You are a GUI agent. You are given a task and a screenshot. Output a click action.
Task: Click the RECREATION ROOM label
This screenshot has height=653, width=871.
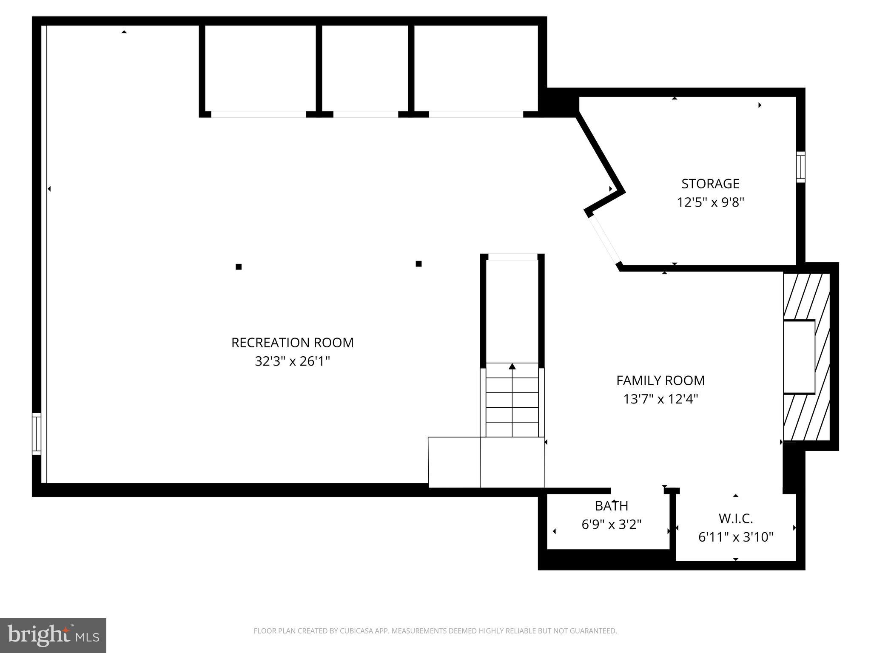292,343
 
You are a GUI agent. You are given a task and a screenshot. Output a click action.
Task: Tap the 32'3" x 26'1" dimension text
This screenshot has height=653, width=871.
292,361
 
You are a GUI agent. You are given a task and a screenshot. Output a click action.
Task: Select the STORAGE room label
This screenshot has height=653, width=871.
710,184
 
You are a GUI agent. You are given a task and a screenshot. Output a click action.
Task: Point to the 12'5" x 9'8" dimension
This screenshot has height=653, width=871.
710,202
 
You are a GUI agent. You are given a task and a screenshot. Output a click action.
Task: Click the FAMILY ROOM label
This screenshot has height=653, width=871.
660,380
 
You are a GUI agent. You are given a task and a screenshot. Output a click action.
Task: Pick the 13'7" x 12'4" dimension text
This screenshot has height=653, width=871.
660,399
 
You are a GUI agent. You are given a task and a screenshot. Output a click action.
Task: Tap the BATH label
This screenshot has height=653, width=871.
611,506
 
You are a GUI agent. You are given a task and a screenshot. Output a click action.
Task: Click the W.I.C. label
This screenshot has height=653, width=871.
736,519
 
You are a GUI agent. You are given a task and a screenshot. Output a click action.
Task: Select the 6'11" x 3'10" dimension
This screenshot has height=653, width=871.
736,537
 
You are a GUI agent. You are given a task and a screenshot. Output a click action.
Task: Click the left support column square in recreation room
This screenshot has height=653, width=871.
239,267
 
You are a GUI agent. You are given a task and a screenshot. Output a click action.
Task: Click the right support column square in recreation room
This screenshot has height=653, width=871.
418,264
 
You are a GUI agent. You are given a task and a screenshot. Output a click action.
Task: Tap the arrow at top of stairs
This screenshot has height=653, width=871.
512,366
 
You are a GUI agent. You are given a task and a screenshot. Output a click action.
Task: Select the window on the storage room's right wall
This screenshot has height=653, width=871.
800,167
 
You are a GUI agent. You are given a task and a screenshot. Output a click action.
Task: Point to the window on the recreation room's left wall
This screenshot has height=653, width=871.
37,434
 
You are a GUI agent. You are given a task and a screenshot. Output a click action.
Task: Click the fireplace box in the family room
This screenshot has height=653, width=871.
799,357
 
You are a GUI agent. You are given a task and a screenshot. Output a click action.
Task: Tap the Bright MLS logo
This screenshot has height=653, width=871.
53,635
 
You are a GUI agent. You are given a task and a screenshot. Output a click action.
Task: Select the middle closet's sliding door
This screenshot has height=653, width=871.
365,114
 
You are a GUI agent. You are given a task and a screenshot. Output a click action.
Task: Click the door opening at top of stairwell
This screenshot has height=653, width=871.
512,257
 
